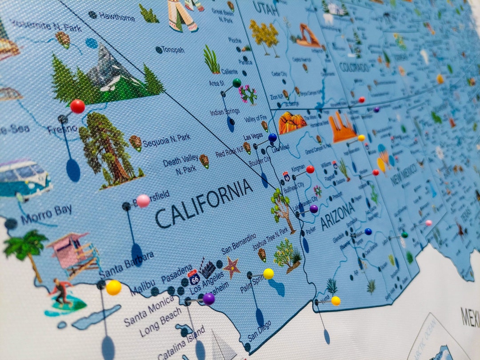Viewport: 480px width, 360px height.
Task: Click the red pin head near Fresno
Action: (77, 106)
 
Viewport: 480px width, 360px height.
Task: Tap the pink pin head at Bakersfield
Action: (143, 201)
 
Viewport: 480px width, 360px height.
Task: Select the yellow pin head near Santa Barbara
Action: (113, 287)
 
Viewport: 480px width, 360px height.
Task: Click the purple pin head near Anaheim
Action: (208, 299)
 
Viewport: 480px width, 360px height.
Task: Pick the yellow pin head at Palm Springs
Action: (268, 274)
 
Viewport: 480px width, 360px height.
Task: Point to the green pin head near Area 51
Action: (237, 83)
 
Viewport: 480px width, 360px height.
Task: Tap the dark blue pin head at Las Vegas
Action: (272, 138)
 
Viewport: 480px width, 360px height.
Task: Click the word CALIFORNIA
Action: (204, 203)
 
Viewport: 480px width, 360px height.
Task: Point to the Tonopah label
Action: (173, 50)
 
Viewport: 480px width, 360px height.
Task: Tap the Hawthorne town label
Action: (116, 16)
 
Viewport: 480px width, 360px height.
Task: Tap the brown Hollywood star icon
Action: (232, 268)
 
